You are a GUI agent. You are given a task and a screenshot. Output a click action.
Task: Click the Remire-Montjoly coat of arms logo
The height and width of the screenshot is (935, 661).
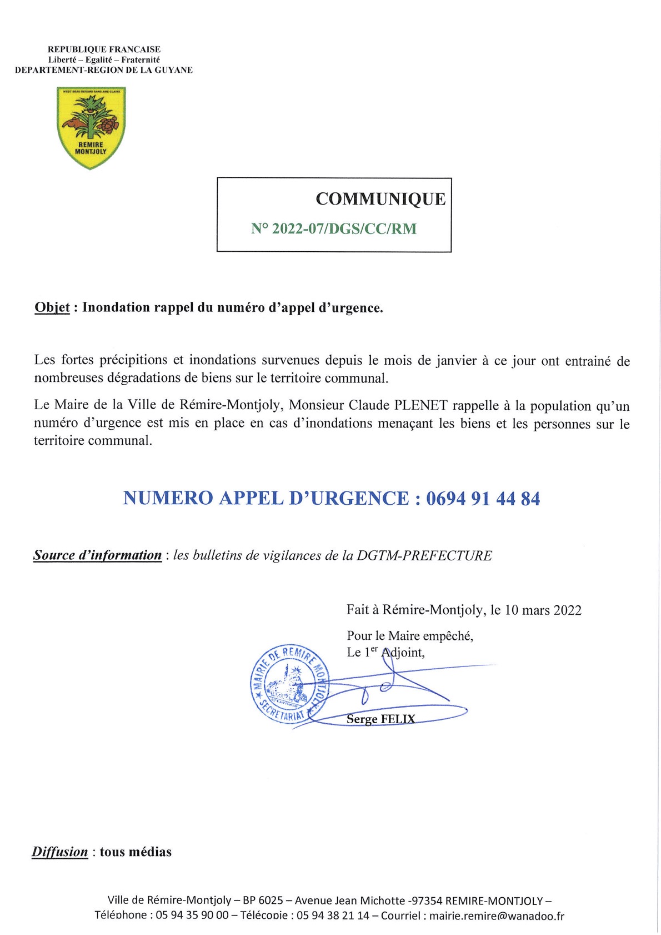pyautogui.click(x=91, y=127)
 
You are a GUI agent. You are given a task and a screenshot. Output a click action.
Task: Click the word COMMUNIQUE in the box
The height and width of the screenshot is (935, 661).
pyautogui.click(x=380, y=199)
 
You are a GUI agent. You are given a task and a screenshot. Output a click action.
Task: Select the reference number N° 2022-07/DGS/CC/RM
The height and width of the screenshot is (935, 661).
pyautogui.click(x=333, y=228)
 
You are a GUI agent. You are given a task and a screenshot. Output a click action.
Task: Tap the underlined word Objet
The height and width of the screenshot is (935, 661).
pyautogui.click(x=52, y=307)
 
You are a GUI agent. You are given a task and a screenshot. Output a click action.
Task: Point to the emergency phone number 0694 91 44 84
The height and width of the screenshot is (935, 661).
pyautogui.click(x=483, y=498)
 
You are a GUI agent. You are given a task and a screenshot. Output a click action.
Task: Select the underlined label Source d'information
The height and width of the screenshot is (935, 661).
pyautogui.click(x=97, y=555)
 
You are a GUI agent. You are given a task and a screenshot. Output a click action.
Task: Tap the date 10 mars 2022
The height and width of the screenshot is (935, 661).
pyautogui.click(x=543, y=610)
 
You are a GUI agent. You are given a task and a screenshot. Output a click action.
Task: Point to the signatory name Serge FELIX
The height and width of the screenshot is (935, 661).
pyautogui.click(x=380, y=719)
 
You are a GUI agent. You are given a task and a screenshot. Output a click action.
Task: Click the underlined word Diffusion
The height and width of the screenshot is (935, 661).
pyautogui.click(x=60, y=852)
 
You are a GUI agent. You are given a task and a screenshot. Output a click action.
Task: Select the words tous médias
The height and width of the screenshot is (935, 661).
pyautogui.click(x=136, y=852)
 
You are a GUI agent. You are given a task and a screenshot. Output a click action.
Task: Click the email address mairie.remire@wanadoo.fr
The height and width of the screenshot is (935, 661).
pyautogui.click(x=497, y=916)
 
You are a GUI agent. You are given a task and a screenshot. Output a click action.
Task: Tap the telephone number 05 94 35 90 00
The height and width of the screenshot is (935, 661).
pyautogui.click(x=192, y=916)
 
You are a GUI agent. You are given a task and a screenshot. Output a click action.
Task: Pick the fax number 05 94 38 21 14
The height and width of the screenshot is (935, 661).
pyautogui.click(x=333, y=916)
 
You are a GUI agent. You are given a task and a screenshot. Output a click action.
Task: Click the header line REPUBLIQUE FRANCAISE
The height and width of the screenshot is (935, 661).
pyautogui.click(x=104, y=49)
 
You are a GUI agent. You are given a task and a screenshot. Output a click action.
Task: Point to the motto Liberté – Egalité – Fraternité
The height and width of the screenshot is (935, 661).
pyautogui.click(x=104, y=59)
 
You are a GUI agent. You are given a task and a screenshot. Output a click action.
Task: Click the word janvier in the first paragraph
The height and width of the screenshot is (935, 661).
pyautogui.click(x=455, y=360)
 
